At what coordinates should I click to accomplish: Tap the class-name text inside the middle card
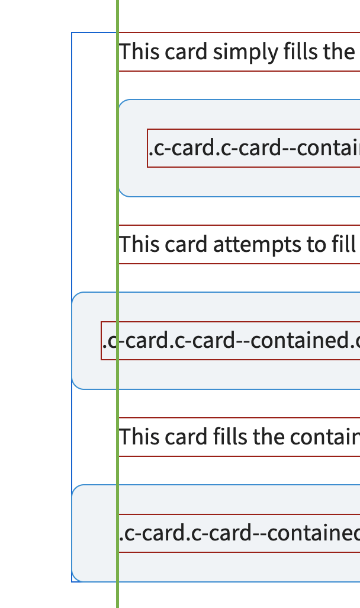231,341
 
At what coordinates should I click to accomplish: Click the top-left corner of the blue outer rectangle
72,33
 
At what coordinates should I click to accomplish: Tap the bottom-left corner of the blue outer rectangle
72,581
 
